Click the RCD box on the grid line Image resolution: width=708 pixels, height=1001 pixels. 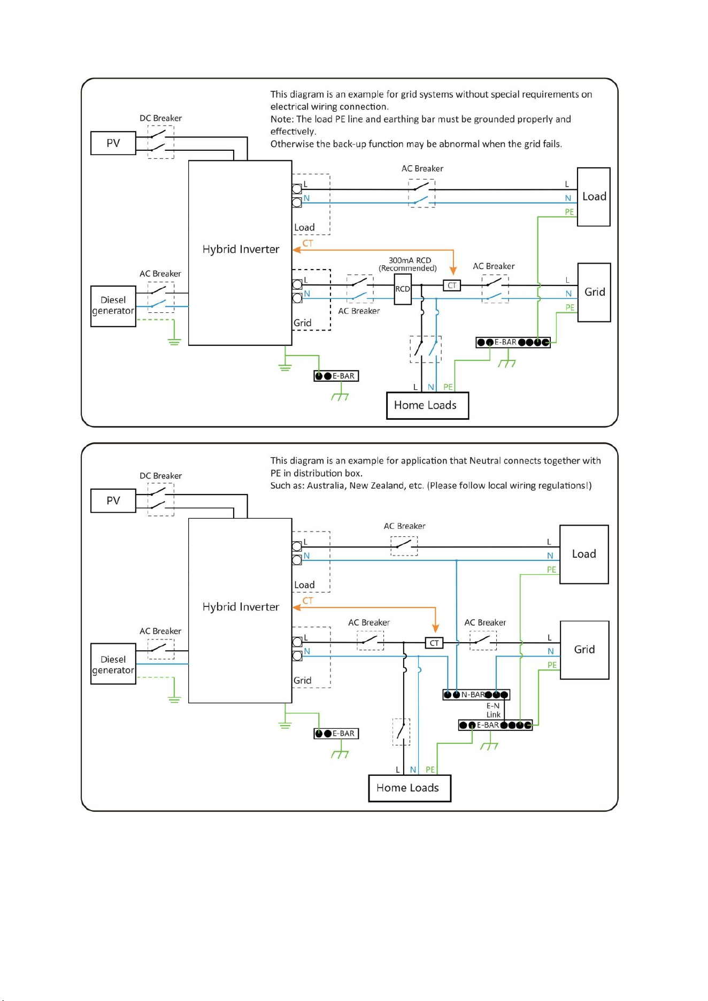[x=403, y=289]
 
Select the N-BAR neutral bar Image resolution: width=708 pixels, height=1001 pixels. [x=476, y=695]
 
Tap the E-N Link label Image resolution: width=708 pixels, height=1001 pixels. [x=493, y=710]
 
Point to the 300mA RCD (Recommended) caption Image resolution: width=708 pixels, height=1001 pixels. [x=409, y=264]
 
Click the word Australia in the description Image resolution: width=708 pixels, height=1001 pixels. [x=326, y=486]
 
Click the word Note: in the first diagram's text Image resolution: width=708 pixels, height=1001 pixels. [x=282, y=119]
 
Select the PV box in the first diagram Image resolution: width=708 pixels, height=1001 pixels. [x=113, y=143]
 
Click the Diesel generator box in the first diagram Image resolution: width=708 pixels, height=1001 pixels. [x=113, y=306]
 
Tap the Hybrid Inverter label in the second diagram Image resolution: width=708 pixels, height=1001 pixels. [x=241, y=607]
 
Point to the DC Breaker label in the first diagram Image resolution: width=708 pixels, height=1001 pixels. [x=160, y=118]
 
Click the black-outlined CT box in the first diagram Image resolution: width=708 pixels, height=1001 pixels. [x=452, y=286]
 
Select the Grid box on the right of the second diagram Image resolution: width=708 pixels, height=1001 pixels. [x=584, y=650]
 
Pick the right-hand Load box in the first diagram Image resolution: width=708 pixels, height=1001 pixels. [x=594, y=197]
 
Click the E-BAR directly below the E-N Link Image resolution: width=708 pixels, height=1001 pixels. [x=495, y=725]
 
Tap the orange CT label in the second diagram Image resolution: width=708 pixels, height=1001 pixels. [x=307, y=600]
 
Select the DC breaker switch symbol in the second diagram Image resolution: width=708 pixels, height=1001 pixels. [x=160, y=499]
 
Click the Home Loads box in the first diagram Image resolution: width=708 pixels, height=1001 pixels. [x=428, y=405]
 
